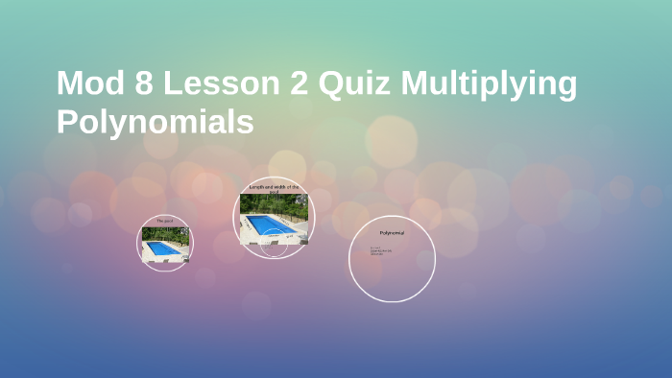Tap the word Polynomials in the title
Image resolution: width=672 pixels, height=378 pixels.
155,123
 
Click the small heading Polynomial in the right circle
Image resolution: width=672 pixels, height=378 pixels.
392,233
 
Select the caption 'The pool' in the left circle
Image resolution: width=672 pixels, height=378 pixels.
165,221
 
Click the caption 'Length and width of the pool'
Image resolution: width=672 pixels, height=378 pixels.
276,188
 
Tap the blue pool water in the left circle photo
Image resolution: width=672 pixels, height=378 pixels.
164,248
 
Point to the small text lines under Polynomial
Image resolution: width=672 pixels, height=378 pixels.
376,252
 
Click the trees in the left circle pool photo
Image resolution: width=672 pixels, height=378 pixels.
165,232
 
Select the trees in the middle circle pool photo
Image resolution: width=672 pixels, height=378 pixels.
276,202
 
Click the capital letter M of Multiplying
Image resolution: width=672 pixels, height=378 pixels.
416,84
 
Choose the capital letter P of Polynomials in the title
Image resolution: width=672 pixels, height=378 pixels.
66,123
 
